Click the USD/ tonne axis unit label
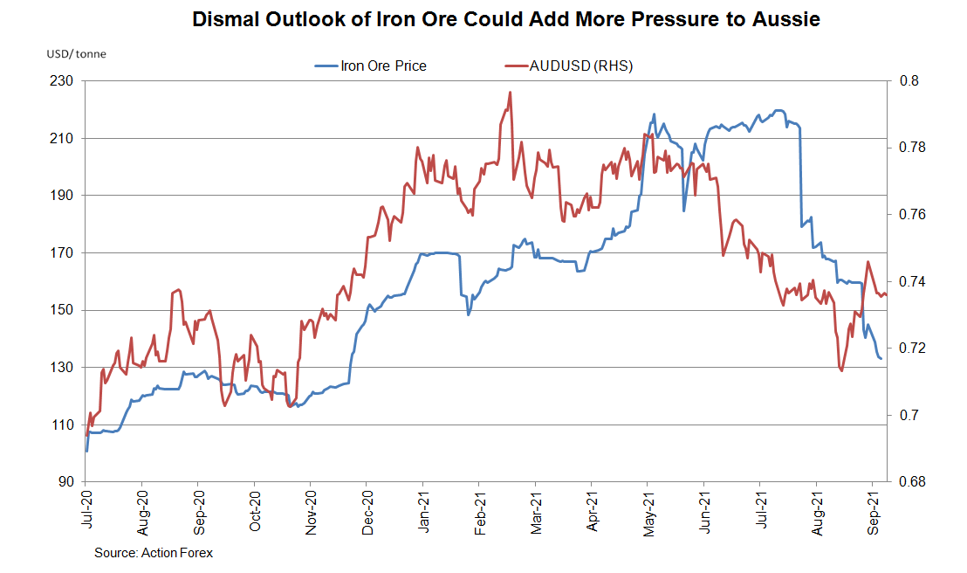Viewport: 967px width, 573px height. (x=76, y=54)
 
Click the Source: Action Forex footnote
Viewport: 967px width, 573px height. (x=154, y=553)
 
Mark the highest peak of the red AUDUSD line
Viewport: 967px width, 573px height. (x=509, y=92)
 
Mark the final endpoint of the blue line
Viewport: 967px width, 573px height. (x=881, y=359)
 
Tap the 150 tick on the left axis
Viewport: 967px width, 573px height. (x=66, y=310)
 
